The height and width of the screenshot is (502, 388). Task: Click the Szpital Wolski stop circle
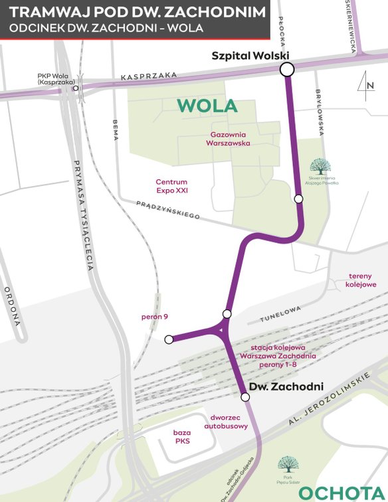(287, 69)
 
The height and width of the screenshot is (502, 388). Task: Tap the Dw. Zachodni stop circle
(245, 397)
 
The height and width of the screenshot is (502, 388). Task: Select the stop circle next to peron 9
(169, 339)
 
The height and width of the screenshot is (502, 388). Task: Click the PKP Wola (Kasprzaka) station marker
(76, 88)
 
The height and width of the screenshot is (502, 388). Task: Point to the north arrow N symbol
(367, 84)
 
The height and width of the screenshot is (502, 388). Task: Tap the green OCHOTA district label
(341, 492)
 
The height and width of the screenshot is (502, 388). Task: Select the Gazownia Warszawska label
(228, 138)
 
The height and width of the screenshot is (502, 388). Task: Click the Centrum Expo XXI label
(171, 186)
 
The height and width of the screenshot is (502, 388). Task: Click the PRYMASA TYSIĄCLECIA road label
(85, 216)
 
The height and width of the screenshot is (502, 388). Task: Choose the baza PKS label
(183, 436)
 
